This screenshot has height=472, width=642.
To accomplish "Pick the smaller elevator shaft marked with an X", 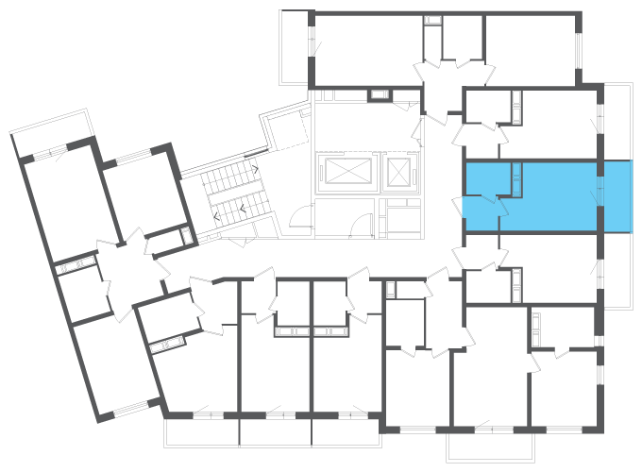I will click(x=401, y=171).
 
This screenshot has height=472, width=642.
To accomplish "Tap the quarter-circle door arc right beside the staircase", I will click(x=298, y=219).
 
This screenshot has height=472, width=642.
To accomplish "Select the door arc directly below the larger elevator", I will click(x=359, y=223).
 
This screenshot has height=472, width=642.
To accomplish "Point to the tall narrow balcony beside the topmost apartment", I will click(x=296, y=47).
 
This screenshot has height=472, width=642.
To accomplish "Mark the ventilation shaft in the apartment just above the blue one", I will click(x=516, y=106).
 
